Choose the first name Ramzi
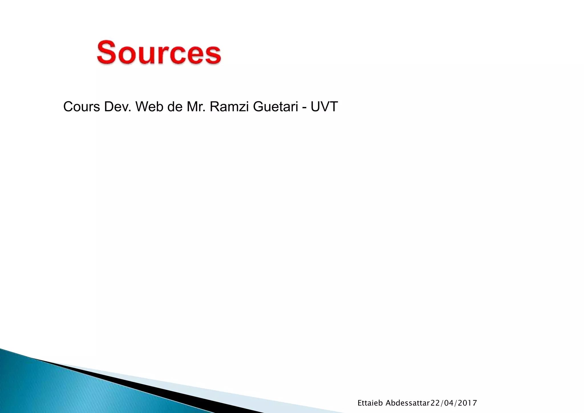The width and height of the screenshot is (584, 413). pos(229,107)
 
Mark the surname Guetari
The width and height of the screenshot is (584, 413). pos(275,107)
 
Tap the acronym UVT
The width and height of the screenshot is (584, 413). pos(324,107)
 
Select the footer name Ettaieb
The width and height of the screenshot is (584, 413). pos(370,403)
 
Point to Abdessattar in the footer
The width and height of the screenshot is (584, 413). pos(407,403)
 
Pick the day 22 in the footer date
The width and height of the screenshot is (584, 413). pos(435,403)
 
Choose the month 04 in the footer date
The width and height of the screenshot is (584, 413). pos(449,403)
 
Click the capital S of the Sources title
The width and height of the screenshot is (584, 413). pos(106,52)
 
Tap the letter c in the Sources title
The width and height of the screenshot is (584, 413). pos(177,55)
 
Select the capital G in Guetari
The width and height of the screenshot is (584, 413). pos(258,107)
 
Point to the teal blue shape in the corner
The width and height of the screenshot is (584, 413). pos(57,391)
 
